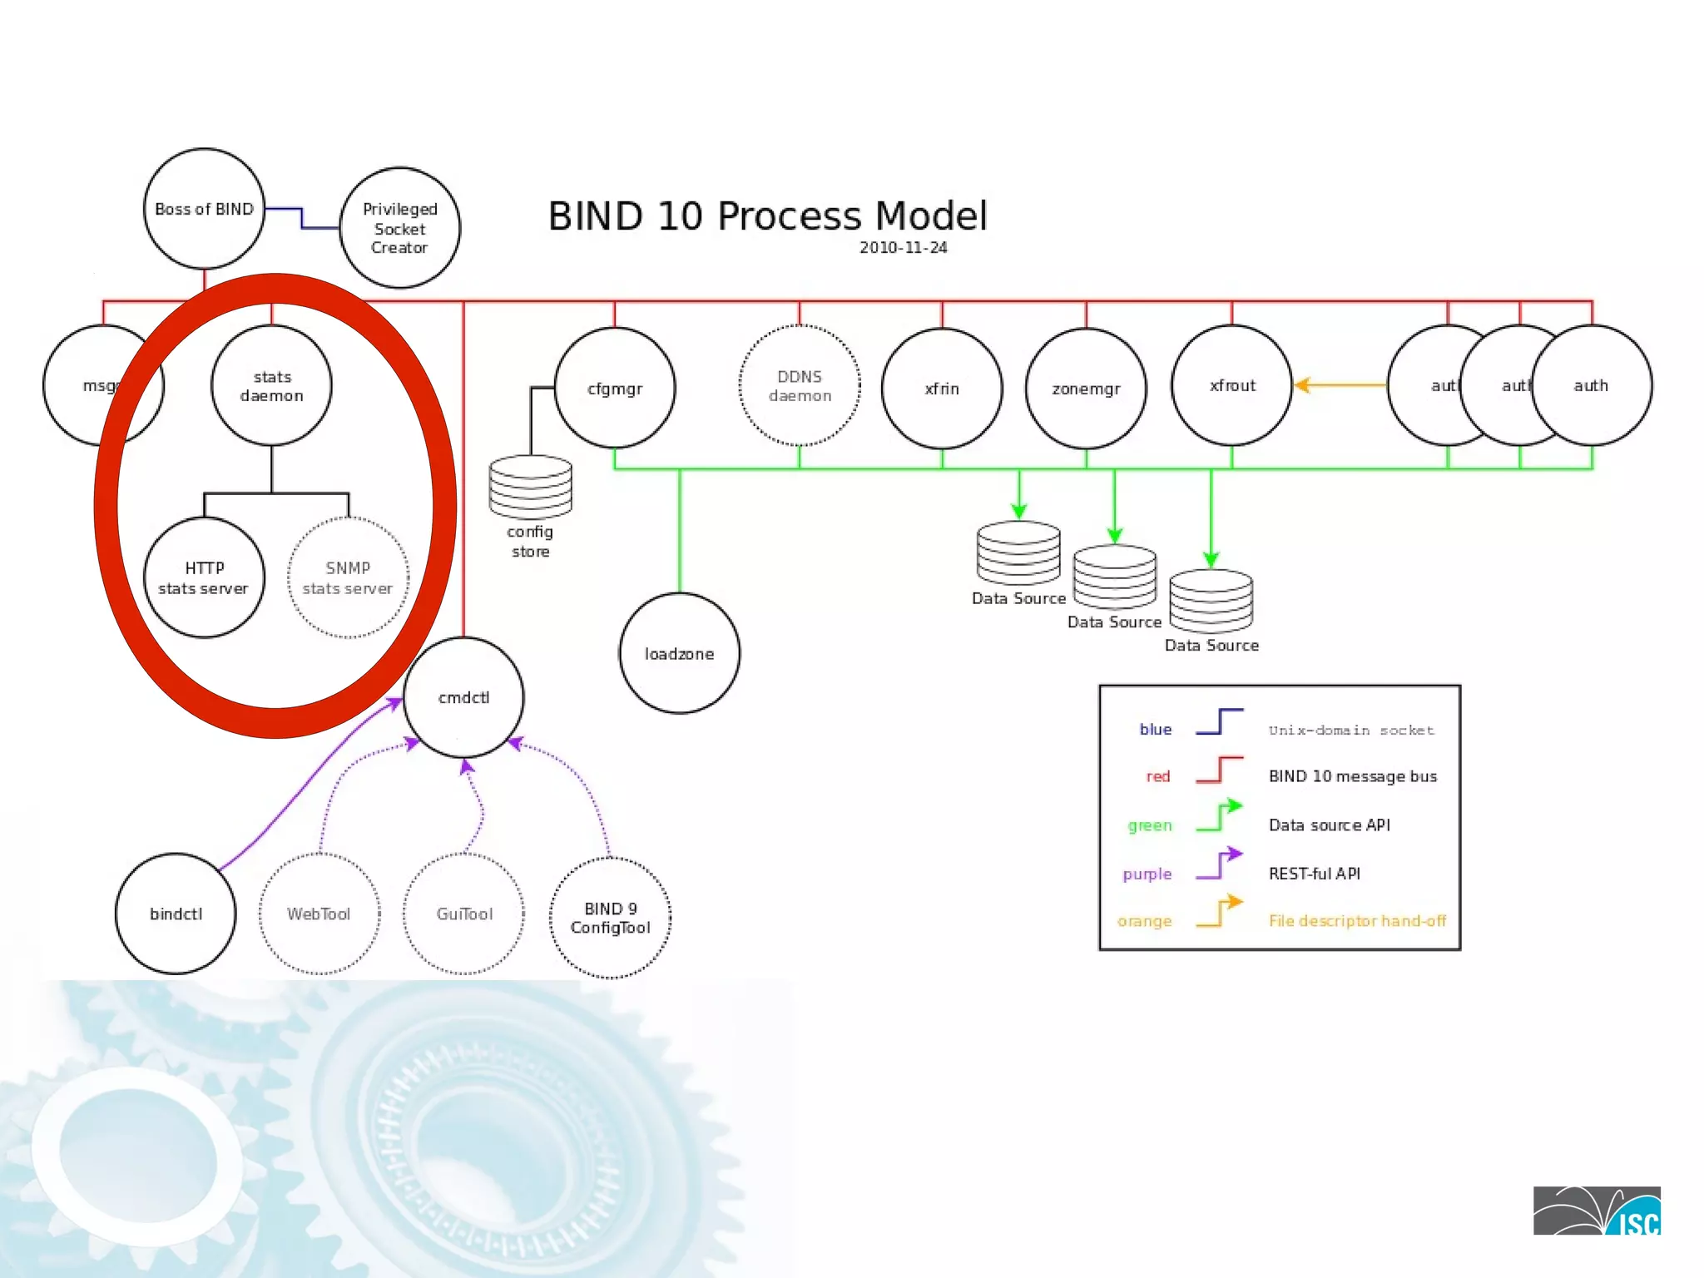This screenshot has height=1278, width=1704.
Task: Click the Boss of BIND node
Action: click(204, 209)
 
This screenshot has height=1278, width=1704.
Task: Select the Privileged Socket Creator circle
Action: click(399, 228)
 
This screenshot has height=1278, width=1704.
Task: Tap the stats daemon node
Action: click(271, 386)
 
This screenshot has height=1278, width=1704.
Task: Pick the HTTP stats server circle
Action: click(204, 577)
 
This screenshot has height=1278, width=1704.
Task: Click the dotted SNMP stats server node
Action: click(348, 577)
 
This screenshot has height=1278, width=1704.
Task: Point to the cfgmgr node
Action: click(615, 388)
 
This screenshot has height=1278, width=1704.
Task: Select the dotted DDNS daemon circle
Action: click(799, 386)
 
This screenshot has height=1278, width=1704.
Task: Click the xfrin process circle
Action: click(942, 389)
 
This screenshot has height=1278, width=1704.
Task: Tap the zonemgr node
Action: click(1086, 389)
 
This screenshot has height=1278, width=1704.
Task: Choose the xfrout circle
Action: click(1231, 386)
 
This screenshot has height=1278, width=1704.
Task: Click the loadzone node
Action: click(679, 654)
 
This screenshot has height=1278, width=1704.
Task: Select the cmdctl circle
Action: click(463, 697)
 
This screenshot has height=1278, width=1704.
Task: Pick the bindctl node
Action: click(176, 914)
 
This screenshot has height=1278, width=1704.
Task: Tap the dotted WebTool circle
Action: click(319, 914)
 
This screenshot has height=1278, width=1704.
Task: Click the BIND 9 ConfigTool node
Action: click(610, 918)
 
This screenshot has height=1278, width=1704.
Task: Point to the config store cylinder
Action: click(530, 488)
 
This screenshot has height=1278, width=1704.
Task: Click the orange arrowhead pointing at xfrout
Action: click(1303, 385)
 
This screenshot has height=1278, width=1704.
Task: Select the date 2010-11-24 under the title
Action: click(903, 248)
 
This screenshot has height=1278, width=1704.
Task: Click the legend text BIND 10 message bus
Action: click(1352, 776)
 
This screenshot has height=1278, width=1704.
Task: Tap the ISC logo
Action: click(1596, 1211)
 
